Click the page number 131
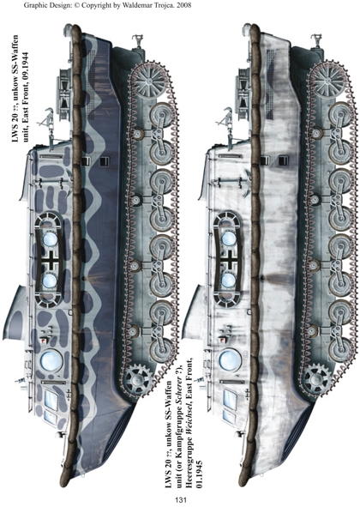pos(181,500)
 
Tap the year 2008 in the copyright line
pos(183,5)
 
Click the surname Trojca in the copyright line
pos(164,5)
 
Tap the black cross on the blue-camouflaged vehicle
pos(51,260)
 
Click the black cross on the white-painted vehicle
pos(230,260)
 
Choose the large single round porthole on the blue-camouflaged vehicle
pos(51,360)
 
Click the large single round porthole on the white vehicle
pos(230,360)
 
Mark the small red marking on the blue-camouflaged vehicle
pos(44,341)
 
